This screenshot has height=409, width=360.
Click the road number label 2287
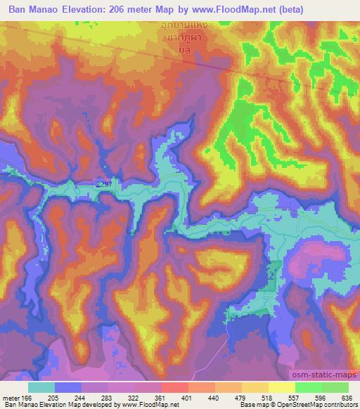(103, 183)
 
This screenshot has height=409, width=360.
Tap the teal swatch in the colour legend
(41, 387)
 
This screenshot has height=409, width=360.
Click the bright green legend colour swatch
(309, 387)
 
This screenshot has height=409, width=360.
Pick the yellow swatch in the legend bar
(282, 387)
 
